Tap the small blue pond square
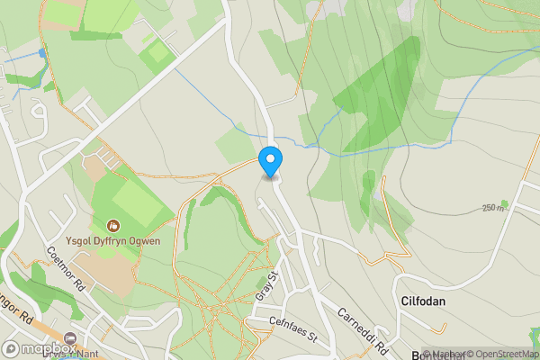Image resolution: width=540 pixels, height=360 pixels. point(42,53)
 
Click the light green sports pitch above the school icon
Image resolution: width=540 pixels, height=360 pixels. point(135,198)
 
